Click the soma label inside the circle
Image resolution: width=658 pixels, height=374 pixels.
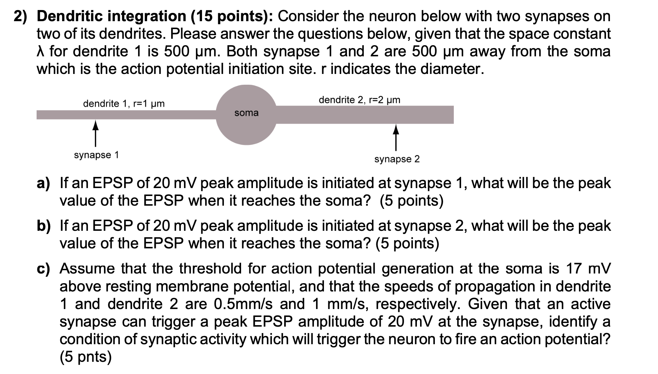tap(246, 113)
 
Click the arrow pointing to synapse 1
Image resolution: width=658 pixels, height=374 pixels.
tap(95, 133)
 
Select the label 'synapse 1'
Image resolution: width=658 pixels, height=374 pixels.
tap(96, 155)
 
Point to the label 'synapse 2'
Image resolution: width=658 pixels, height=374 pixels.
tap(397, 159)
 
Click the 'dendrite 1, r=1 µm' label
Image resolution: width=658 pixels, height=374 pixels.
tap(124, 104)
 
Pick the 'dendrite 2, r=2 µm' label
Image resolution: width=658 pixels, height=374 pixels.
tap(359, 100)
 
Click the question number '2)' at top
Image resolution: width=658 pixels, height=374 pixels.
tap(22, 16)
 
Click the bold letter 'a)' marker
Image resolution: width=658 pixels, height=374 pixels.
tap(44, 183)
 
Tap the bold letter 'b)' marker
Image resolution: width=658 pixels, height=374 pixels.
tap(44, 226)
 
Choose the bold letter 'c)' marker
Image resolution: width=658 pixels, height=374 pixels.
tap(44, 269)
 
